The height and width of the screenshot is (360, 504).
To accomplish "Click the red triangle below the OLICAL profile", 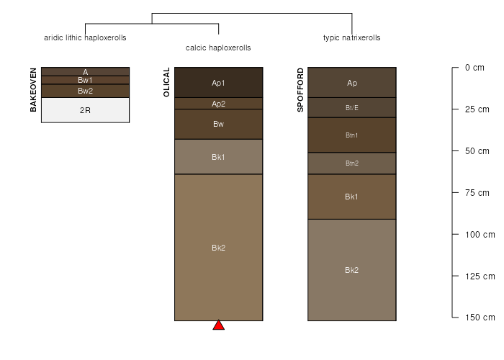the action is click(219, 325).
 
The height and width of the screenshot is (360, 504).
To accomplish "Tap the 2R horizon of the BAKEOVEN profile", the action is click(85, 110).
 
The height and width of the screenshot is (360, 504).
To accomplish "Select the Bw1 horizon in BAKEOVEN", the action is click(85, 80).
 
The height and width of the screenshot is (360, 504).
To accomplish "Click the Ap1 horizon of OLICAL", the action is click(219, 83).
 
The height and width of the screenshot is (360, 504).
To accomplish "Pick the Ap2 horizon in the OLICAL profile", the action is click(219, 104).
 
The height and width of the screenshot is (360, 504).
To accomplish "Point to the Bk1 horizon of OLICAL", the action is click(219, 157).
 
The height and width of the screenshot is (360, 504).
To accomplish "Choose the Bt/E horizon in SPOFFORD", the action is click(352, 108).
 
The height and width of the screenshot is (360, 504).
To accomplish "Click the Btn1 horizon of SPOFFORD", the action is click(352, 135).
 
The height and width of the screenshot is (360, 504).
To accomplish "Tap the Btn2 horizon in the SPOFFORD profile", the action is click(352, 163).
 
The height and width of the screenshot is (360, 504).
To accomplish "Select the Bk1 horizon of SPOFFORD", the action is click(352, 197).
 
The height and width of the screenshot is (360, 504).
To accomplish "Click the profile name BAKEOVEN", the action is click(33, 90).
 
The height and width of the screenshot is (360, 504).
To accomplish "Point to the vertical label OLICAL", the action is click(166, 82).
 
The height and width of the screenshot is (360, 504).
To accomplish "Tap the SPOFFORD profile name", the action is click(300, 90).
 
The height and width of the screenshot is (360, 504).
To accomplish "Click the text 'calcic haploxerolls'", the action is click(218, 48).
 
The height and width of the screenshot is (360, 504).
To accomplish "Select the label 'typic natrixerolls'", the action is click(351, 37).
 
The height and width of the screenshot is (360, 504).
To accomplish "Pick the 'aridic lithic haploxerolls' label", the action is click(85, 37).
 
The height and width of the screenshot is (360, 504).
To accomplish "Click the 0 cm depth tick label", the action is click(474, 68).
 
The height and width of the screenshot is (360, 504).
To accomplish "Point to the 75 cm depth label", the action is click(477, 193).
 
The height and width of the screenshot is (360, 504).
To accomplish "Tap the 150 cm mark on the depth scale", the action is click(480, 318).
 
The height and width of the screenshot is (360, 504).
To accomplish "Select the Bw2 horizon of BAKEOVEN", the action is click(85, 91).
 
